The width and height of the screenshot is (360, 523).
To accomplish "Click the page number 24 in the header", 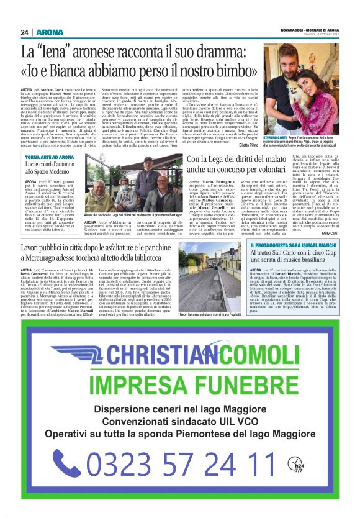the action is tap(24, 32).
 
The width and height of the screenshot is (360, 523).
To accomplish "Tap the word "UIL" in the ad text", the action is tap(235, 422).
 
